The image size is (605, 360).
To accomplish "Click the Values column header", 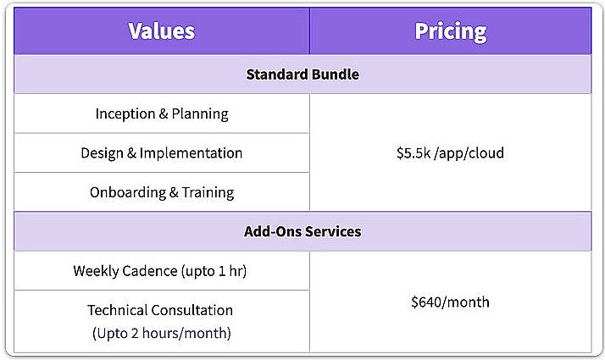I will pyautogui.click(x=161, y=31).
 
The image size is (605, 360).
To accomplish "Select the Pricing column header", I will pyautogui.click(x=450, y=31).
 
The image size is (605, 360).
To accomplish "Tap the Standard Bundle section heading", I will pyautogui.click(x=302, y=75).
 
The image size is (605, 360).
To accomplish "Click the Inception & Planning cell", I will pyautogui.click(x=162, y=114).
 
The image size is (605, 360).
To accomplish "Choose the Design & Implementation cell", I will pyautogui.click(x=162, y=153).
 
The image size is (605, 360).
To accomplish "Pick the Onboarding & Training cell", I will pyautogui.click(x=162, y=192).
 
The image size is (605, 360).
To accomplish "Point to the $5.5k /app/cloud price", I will pyautogui.click(x=450, y=153).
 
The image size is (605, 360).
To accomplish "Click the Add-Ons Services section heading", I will pyautogui.click(x=302, y=231).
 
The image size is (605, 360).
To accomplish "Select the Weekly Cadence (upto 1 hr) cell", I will pyautogui.click(x=160, y=271).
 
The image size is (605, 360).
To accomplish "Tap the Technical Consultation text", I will pyautogui.click(x=160, y=310).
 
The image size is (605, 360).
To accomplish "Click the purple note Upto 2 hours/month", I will pyautogui.click(x=161, y=333).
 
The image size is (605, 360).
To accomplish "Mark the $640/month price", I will pyautogui.click(x=450, y=302).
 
